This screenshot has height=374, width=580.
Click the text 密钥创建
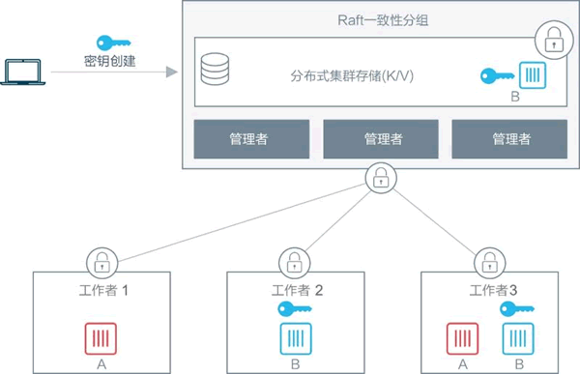tap(110, 63)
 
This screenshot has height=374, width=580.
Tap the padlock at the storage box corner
tap(552, 42)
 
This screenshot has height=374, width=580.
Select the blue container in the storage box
tap(532, 75)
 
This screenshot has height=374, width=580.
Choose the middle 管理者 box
tap(383, 138)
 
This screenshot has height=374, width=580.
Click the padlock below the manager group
tap(381, 177)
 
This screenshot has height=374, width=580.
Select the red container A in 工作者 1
tap(101, 339)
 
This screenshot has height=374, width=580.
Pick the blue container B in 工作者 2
tap(294, 339)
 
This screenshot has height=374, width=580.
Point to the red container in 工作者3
tap(462, 339)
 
